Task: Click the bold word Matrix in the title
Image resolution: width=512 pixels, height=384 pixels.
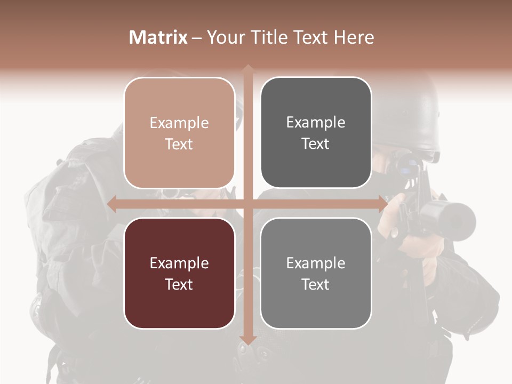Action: (158, 37)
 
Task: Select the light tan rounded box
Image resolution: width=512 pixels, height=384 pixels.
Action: (179, 133)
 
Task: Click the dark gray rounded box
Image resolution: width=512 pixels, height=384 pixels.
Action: (316, 133)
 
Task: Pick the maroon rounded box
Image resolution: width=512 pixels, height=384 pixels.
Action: (179, 273)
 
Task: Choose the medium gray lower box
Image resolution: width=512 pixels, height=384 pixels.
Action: (316, 273)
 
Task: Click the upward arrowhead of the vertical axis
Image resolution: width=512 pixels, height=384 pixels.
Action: (247, 69)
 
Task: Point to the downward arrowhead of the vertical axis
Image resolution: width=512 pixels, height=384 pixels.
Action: (247, 340)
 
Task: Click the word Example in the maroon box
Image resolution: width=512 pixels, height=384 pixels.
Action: (179, 263)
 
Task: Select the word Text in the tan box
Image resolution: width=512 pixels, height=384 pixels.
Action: (179, 144)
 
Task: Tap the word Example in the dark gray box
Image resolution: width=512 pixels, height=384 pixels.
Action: (316, 122)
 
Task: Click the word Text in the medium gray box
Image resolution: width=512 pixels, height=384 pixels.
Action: (316, 284)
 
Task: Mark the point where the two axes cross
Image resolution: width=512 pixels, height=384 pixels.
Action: (247, 204)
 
